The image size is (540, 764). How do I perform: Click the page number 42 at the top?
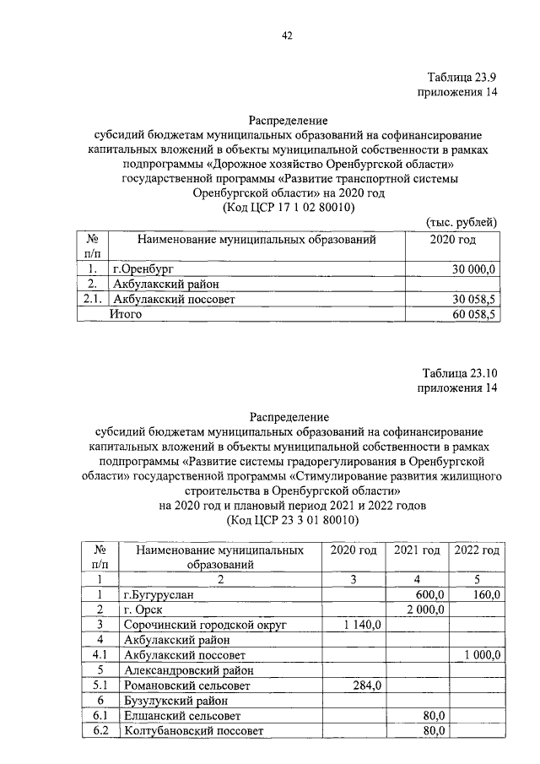click(286, 35)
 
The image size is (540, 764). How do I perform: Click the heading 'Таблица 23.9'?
click(456, 77)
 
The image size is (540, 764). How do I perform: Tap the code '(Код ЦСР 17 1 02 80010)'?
click(288, 207)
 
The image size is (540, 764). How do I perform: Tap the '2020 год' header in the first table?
click(453, 240)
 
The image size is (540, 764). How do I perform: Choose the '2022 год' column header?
click(477, 550)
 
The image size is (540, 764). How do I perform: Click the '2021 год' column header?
click(417, 550)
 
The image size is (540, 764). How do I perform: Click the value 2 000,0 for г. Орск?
click(425, 609)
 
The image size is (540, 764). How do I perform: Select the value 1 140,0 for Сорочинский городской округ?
click(364, 624)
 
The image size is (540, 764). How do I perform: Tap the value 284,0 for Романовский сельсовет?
click(369, 685)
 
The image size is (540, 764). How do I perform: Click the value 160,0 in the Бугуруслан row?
click(486, 594)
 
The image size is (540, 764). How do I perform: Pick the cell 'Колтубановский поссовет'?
click(193, 730)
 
